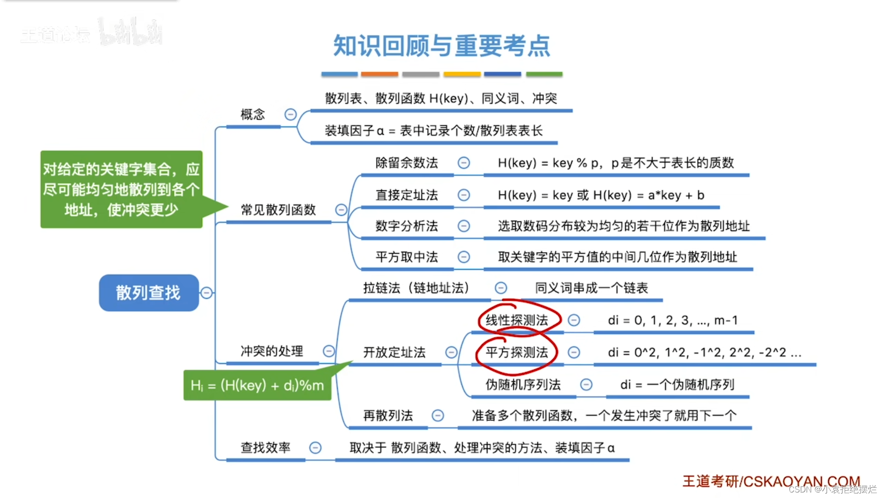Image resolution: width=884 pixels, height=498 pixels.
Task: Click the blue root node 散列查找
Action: click(x=148, y=293)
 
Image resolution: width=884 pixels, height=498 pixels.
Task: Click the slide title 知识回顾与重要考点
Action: click(x=442, y=46)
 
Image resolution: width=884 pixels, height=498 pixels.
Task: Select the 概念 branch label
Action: click(x=253, y=114)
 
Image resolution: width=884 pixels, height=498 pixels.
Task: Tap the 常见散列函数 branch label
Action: click(x=278, y=210)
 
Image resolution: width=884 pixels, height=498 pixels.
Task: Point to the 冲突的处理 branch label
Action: click(x=272, y=351)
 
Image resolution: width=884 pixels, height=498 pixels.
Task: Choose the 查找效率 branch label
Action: click(x=265, y=448)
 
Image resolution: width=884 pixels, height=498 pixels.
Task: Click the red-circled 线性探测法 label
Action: click(x=517, y=320)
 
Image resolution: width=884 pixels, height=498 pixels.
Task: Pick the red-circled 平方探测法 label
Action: click(x=517, y=353)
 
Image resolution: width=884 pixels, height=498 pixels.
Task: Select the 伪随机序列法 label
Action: click(x=523, y=385)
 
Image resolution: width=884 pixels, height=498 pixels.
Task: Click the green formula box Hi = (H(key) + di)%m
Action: click(x=257, y=385)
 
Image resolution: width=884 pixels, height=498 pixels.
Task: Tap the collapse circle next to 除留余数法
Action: click(x=464, y=163)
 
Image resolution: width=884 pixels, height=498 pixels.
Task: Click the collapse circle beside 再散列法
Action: click(x=437, y=416)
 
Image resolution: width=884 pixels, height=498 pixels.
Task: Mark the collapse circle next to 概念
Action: click(x=291, y=114)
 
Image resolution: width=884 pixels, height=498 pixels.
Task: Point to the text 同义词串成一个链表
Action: click(x=591, y=288)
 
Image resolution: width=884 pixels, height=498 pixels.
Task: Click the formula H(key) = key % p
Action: click(x=550, y=163)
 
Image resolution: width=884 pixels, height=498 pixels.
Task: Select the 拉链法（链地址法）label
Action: click(x=416, y=288)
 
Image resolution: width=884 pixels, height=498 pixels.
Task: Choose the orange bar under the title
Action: click(x=379, y=74)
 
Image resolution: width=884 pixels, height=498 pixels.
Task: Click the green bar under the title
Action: click(x=544, y=74)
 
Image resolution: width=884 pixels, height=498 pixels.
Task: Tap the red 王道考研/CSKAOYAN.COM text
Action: click(x=771, y=481)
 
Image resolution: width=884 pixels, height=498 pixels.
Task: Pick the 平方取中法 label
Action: click(x=407, y=257)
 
